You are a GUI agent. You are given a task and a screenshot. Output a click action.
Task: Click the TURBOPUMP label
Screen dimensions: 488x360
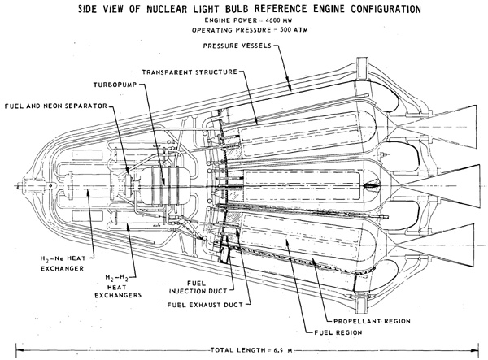[115, 85]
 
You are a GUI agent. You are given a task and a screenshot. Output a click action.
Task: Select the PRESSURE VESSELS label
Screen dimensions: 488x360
[237, 46]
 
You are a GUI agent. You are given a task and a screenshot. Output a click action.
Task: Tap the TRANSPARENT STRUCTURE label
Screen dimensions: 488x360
[190, 72]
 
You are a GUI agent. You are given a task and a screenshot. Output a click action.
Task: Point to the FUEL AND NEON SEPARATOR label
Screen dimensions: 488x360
[56, 106]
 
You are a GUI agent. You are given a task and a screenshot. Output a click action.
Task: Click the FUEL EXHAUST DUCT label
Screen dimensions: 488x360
[205, 305]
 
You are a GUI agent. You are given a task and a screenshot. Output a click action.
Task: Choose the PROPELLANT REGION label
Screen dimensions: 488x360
[372, 321]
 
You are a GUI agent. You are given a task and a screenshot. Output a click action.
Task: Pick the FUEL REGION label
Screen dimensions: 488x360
[338, 332]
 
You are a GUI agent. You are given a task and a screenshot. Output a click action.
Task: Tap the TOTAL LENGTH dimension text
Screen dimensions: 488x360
[251, 350]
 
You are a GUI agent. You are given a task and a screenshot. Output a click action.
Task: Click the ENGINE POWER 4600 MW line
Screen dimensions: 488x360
[248, 20]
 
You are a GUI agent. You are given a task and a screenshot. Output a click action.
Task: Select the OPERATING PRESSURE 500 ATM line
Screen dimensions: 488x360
[250, 30]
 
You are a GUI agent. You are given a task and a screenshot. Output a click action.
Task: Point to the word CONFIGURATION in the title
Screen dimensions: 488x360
[386, 9]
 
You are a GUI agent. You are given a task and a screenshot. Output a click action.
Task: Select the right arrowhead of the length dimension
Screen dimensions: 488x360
[475, 350]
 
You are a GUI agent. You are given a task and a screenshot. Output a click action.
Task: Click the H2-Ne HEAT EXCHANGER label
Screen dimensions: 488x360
[63, 263]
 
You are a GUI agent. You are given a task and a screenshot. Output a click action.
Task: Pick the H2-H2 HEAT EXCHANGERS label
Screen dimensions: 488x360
[118, 286]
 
